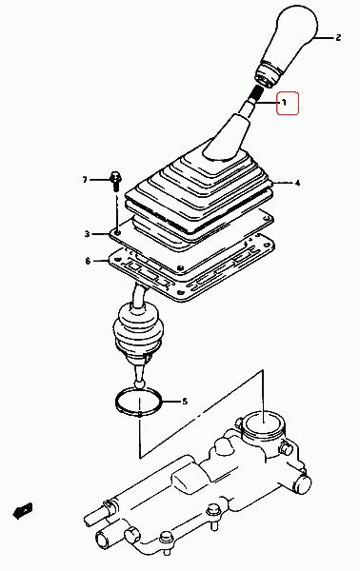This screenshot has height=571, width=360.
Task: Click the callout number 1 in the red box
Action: pos(284,103)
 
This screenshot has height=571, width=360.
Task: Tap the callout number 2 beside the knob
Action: pos(338,37)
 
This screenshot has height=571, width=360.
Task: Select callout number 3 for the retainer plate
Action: pos(87,234)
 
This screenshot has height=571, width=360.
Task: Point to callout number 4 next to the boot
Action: pos(297,183)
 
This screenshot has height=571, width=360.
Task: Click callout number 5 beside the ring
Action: pos(185,402)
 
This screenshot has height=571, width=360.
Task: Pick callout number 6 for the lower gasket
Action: pos(88,261)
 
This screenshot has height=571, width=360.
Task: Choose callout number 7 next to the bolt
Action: pos(85,180)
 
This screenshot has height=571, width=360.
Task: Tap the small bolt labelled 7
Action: pos(115,181)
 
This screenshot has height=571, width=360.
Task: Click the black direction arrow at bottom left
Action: pos(23,510)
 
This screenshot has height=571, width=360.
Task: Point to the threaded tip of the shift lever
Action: pos(256,93)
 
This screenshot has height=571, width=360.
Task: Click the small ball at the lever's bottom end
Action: pos(139,384)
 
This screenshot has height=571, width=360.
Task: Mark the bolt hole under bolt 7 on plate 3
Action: pos(117,231)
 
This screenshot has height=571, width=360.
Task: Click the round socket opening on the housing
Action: pos(263,423)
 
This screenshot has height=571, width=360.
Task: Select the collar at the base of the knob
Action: pos(268,76)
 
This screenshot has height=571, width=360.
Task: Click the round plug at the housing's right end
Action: pos(303,484)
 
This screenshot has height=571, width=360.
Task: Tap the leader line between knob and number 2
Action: pos(325,37)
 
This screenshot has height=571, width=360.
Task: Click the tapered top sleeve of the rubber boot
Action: pos(228,138)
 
